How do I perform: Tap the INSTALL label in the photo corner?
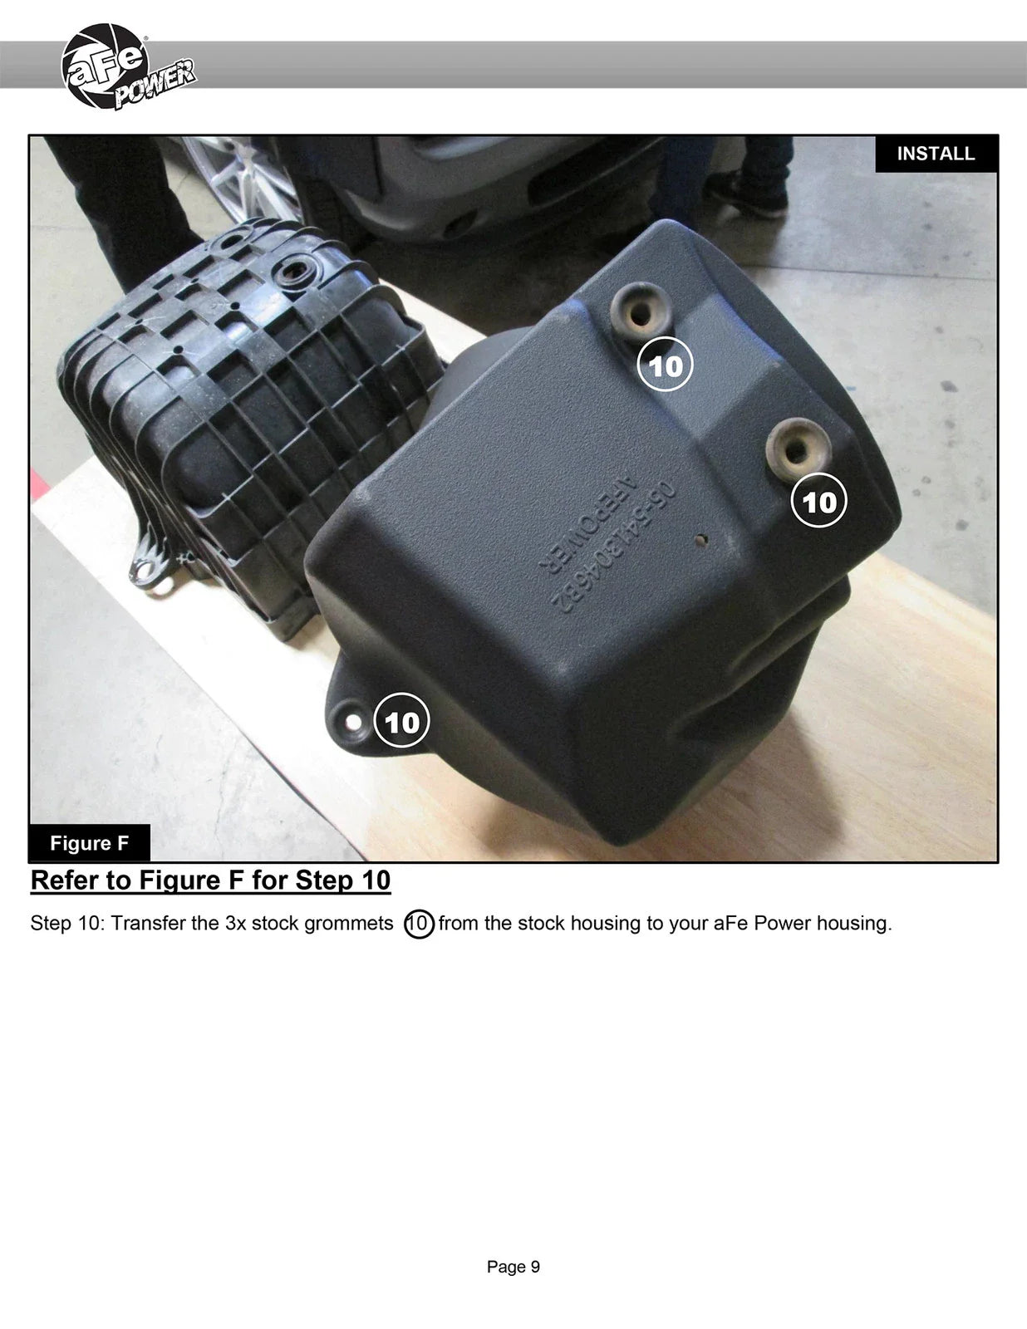click(x=936, y=154)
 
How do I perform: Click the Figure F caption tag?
click(x=89, y=843)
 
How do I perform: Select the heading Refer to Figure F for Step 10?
click(x=210, y=880)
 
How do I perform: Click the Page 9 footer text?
click(x=513, y=1267)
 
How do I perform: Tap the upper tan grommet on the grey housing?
click(x=641, y=312)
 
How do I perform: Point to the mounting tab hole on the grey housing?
click(x=353, y=723)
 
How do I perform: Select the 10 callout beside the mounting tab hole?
click(x=401, y=720)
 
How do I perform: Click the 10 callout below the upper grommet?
click(x=665, y=365)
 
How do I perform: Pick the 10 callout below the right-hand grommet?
click(x=819, y=501)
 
